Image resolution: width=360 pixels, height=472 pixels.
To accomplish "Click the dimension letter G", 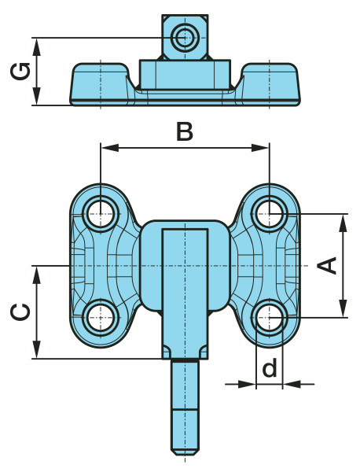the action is [x=20, y=72].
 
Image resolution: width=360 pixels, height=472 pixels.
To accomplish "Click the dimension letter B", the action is [x=185, y=132].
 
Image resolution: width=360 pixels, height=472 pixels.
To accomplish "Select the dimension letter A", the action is [x=327, y=266].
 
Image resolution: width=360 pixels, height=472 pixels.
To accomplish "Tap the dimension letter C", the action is [x=20, y=312].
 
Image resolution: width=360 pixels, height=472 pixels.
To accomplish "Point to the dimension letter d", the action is [x=269, y=368].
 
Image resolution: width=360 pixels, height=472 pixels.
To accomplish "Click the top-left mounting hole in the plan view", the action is [x=101, y=214].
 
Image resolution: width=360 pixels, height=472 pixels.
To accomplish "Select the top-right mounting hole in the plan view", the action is [x=270, y=214].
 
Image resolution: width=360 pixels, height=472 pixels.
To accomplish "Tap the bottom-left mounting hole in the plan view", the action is [x=101, y=318].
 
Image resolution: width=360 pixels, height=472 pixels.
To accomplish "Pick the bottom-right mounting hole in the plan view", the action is [x=270, y=318].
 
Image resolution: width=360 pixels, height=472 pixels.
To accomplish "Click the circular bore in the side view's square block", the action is [x=185, y=38].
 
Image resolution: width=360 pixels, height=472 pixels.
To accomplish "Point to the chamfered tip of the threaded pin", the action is [x=185, y=452].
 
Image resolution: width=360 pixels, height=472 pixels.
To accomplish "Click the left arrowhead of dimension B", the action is [x=109, y=148].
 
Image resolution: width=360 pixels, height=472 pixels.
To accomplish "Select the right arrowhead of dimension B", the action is [x=260, y=148].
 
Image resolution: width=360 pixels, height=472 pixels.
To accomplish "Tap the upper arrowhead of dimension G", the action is [x=37, y=47].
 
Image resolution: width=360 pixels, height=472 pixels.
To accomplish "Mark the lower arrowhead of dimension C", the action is [x=37, y=349].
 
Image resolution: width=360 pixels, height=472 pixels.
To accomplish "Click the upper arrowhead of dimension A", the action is [x=343, y=223].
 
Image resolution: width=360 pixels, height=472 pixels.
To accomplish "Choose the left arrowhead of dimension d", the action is [x=247, y=384].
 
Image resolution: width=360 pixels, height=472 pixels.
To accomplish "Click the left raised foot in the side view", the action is [x=101, y=84].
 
